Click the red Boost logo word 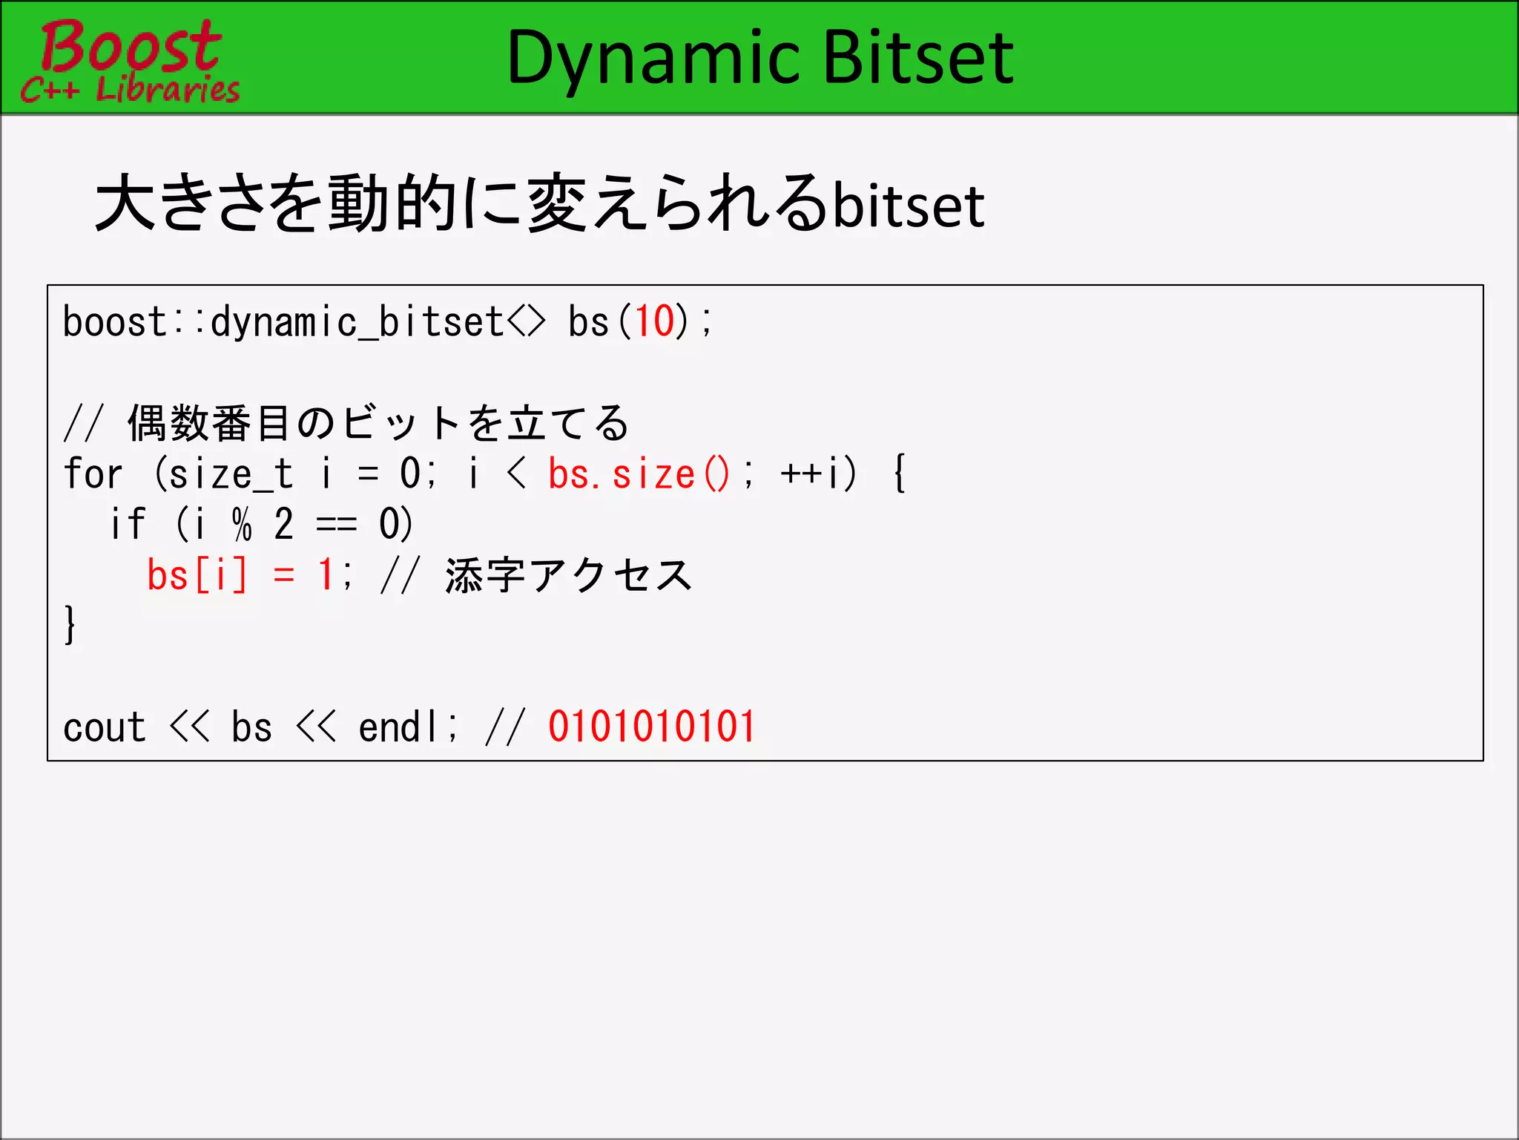pos(131,46)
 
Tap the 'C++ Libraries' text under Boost pos(131,90)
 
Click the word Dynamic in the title pos(653,58)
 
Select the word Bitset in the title pos(917,58)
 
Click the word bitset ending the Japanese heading pos(909,206)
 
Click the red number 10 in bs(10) pos(655,322)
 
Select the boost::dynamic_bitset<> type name pos(304,322)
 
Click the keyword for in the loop pos(93,474)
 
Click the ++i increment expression pos(818,474)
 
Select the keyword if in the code pos(128,524)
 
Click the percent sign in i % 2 pos(242,524)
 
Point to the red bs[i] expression pos(197,575)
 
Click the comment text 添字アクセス pos(568,575)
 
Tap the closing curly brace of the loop pos(70,625)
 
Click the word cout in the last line pos(104,727)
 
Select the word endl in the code pos(401,727)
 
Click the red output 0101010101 pos(651,727)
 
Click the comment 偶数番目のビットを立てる pos(378,423)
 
